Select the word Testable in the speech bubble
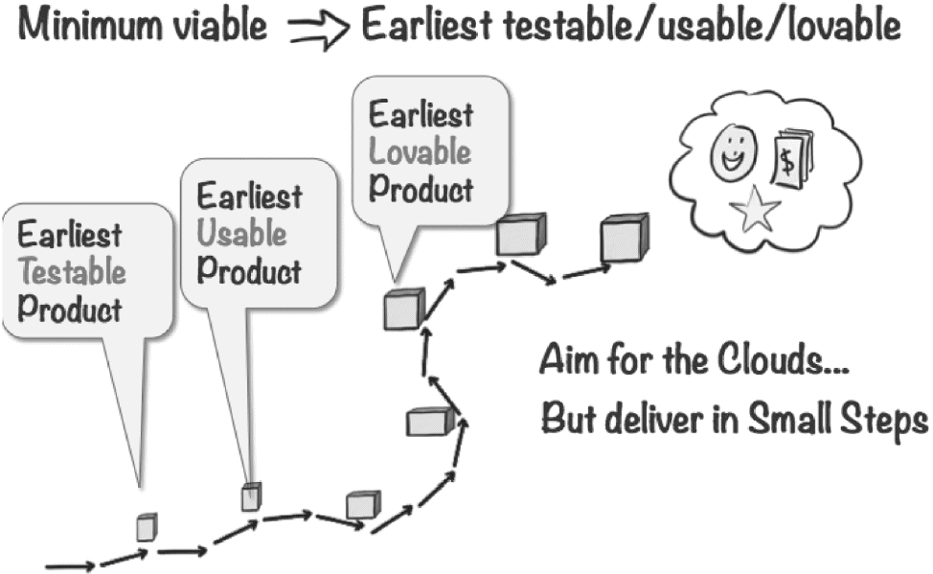click(x=73, y=272)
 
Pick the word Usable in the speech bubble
click(x=241, y=233)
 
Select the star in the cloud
click(x=755, y=209)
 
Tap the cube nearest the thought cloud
click(x=625, y=239)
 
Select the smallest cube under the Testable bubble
click(x=147, y=526)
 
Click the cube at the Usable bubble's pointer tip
click(x=251, y=496)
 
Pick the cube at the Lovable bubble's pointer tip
click(x=404, y=309)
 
